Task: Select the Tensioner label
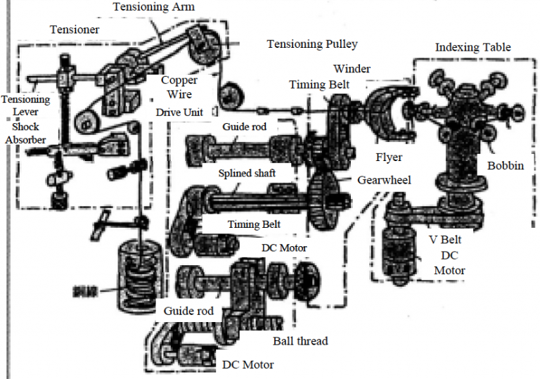pyautogui.click(x=75, y=30)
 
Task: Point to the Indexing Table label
pyautogui.click(x=472, y=48)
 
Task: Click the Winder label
pyautogui.click(x=352, y=69)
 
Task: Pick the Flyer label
pyautogui.click(x=388, y=156)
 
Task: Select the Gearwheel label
pyautogui.click(x=384, y=181)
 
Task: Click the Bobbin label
pyautogui.click(x=504, y=166)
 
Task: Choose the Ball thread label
pyautogui.click(x=300, y=342)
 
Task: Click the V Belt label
pyautogui.click(x=449, y=238)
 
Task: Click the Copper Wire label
pyautogui.click(x=179, y=86)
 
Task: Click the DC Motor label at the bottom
pyautogui.click(x=247, y=365)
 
